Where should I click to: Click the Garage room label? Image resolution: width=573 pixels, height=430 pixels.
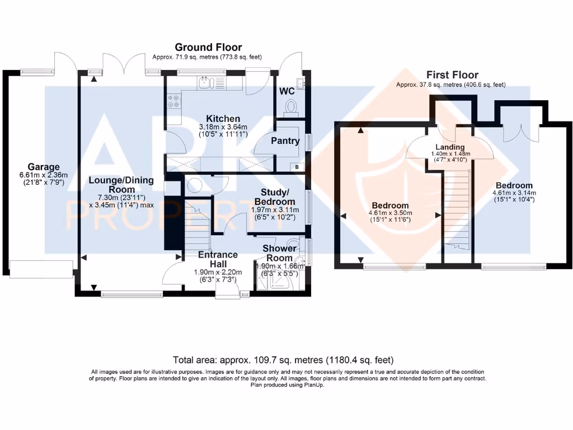tap(44, 167)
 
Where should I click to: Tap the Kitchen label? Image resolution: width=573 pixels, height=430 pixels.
tap(223, 119)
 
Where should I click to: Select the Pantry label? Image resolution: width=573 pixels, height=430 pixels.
tap(285, 141)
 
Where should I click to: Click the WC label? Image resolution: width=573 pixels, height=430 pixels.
tap(287, 91)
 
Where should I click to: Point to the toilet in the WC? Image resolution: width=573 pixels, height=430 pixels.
tap(291, 107)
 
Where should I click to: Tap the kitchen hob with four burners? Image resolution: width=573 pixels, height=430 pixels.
tap(174, 101)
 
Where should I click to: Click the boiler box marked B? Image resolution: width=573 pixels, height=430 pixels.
tap(297, 167)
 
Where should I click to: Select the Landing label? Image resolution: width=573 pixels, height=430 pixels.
tap(450, 147)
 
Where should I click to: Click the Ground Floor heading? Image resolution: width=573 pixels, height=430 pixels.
tap(208, 47)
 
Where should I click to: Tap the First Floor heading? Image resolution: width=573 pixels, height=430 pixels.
tap(452, 75)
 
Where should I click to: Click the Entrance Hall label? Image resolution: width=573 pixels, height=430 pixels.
tap(218, 259)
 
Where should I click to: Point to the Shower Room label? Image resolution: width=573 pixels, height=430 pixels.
tap(279, 253)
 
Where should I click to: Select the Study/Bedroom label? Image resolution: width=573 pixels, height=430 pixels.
tap(275, 197)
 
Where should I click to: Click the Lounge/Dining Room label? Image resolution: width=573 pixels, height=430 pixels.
tap(121, 185)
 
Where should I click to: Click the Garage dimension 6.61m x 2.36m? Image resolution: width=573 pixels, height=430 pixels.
tap(44, 175)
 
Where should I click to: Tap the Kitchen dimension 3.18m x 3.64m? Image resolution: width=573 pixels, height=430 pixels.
tap(223, 127)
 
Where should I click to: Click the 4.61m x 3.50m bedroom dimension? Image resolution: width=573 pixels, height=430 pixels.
tap(390, 213)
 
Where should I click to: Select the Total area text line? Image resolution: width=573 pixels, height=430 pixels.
tap(283, 360)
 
